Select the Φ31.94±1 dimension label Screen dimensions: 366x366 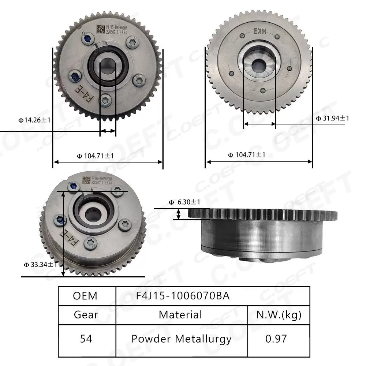(332, 118)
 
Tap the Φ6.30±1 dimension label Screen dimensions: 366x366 (184, 202)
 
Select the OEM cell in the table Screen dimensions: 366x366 (85, 296)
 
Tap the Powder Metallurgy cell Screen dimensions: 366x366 (181, 339)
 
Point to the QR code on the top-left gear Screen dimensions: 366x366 (100, 29)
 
